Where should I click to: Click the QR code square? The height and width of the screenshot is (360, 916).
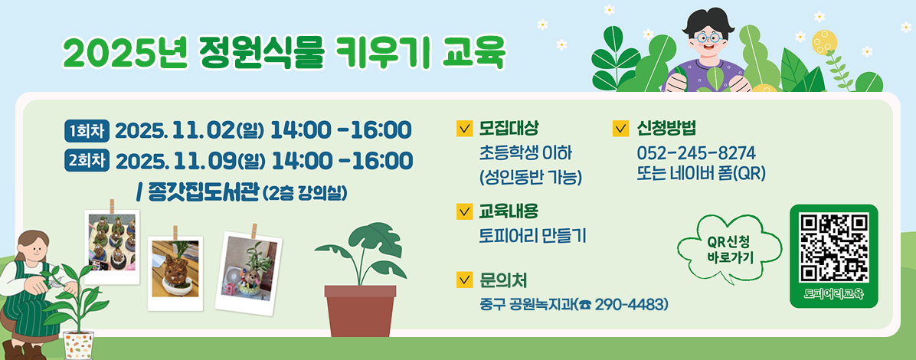click(x=833, y=247)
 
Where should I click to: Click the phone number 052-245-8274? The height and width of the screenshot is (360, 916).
click(x=695, y=152)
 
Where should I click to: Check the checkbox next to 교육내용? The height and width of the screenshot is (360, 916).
click(x=463, y=211)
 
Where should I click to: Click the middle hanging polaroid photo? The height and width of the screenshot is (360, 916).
click(x=175, y=268)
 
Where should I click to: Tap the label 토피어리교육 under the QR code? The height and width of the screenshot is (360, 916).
click(x=833, y=294)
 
